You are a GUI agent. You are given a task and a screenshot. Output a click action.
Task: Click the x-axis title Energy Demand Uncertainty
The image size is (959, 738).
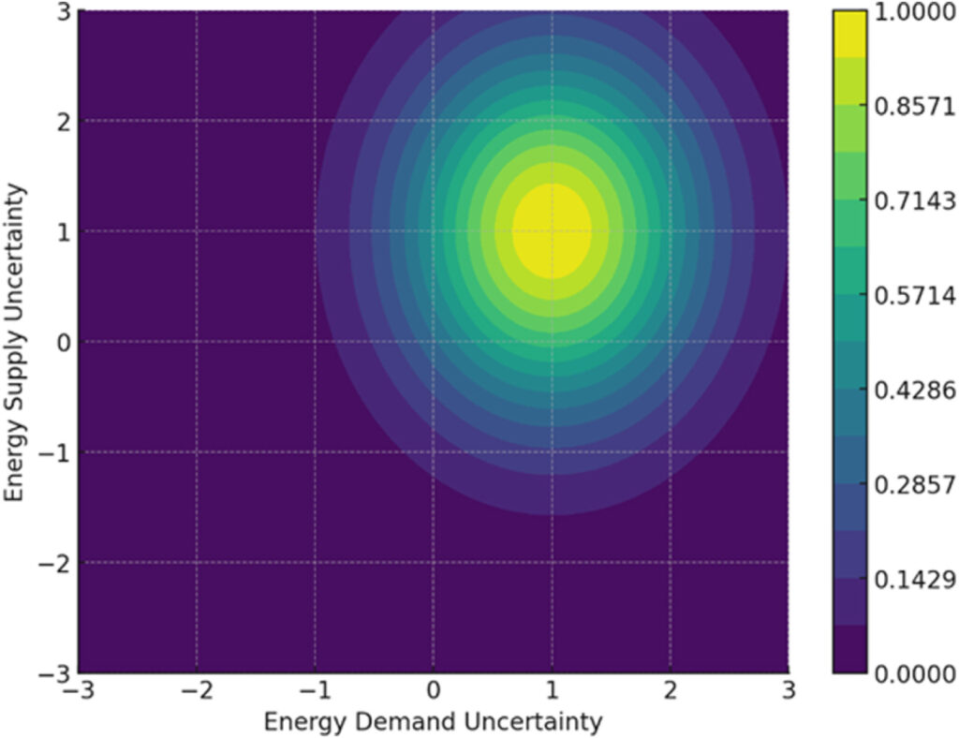433,722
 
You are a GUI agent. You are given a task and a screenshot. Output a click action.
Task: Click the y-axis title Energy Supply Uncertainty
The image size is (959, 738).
16,342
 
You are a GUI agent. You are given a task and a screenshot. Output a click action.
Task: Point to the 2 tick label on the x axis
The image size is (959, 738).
670,693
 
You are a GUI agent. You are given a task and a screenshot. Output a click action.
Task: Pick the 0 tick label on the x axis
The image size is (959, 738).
434,693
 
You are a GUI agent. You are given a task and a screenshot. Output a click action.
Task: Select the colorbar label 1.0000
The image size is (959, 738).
914,13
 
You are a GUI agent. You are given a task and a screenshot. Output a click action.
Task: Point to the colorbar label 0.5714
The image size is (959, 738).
914,295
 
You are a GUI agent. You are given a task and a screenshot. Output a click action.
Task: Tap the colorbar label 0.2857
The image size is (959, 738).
914,484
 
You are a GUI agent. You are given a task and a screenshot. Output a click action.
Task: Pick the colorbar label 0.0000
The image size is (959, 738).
914,672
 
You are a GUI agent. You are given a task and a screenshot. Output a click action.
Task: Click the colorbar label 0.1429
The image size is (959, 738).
914,578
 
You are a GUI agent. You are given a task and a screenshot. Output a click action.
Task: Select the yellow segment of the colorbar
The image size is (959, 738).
849,34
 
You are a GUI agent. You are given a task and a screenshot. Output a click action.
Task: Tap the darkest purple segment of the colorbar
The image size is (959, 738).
849,649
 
